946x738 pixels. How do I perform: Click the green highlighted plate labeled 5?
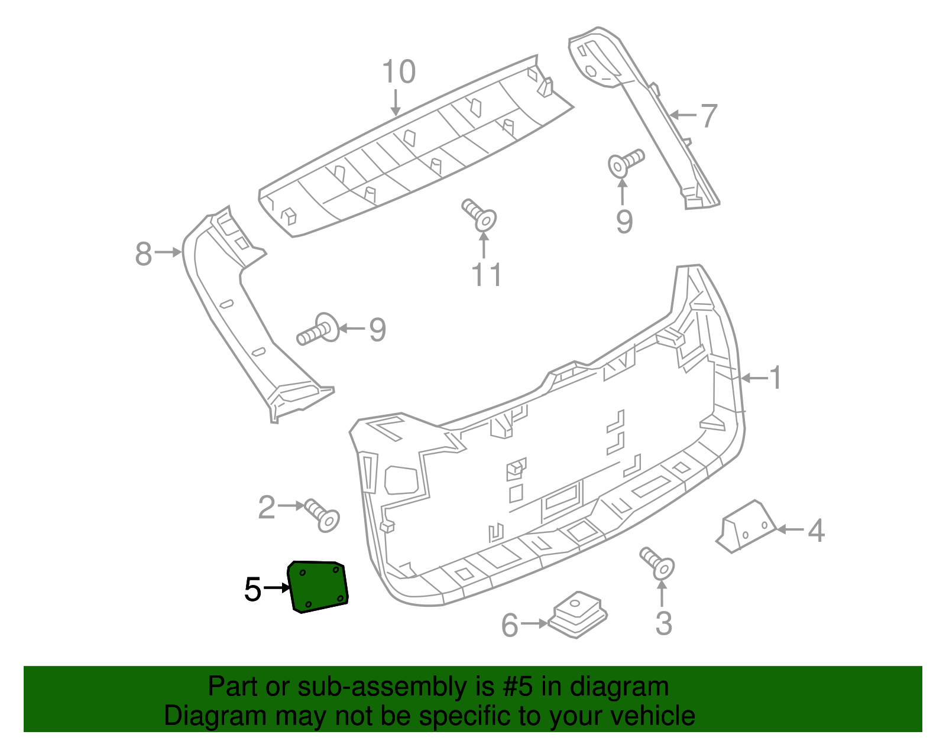318,587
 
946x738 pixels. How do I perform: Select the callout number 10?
399,73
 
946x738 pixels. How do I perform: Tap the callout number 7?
708,116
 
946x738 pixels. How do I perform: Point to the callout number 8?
144,254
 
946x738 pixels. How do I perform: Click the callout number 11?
487,275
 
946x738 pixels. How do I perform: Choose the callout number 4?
816,531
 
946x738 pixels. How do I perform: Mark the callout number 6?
510,625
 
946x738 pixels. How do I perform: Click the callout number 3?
663,623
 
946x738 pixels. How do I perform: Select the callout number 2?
267,508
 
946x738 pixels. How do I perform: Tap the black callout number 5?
252,589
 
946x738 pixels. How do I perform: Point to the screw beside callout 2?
322,516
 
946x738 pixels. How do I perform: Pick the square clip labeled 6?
578,614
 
